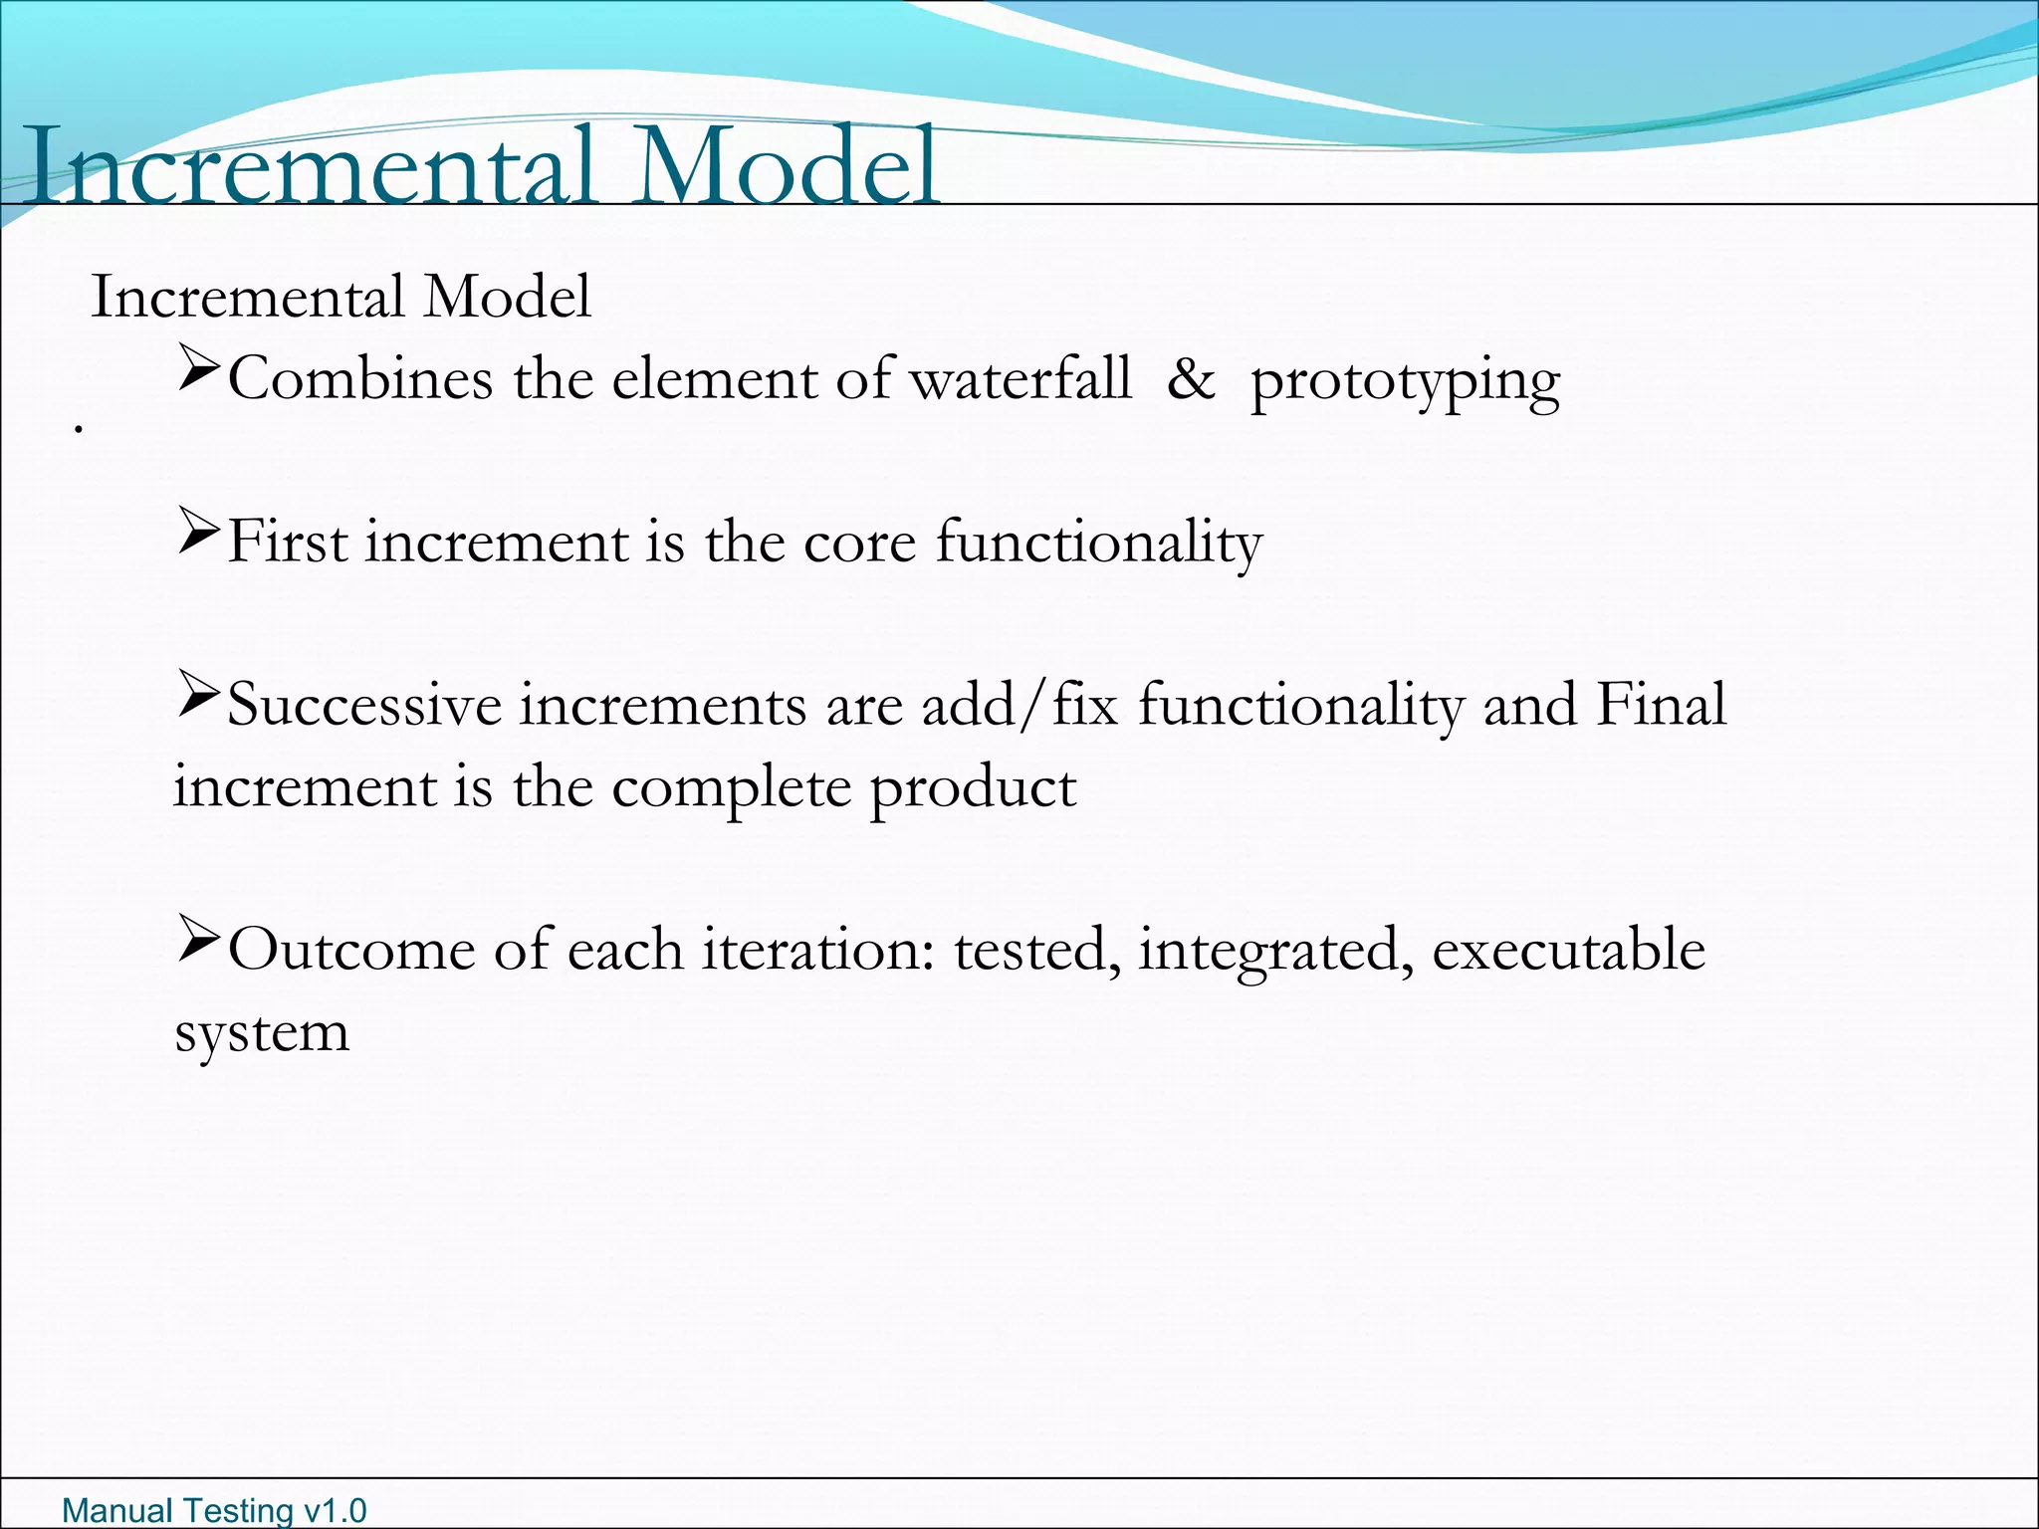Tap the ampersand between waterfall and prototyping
[1191, 379]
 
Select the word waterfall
[1021, 379]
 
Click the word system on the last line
[263, 1033]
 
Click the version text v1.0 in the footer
[335, 1510]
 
